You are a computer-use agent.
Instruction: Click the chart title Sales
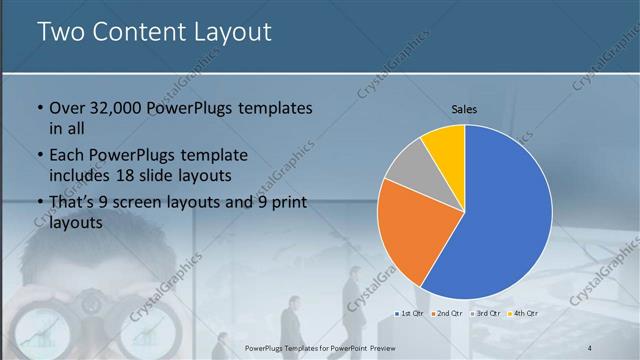click(464, 108)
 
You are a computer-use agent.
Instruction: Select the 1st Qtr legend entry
click(410, 314)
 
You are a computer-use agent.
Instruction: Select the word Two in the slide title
click(61, 32)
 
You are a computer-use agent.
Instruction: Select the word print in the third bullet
click(288, 203)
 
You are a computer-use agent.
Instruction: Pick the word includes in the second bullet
click(82, 176)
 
